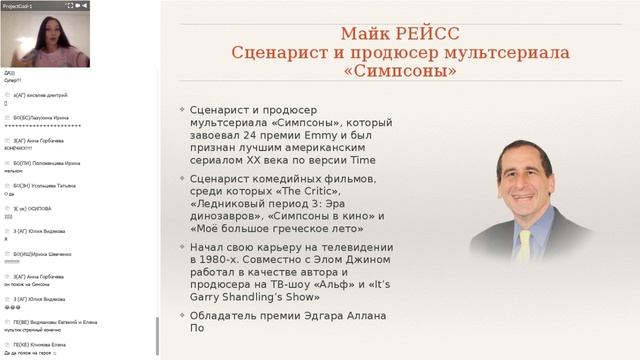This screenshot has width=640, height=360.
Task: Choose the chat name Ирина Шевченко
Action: [x=56, y=254]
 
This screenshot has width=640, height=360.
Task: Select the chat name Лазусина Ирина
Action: [x=55, y=118]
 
